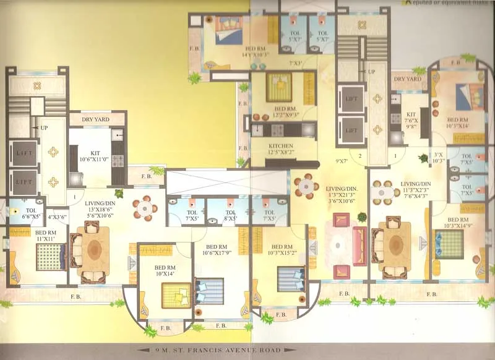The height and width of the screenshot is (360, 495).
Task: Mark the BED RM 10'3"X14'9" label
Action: [x=458, y=223]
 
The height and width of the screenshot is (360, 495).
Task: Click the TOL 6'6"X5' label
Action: [x=22, y=213]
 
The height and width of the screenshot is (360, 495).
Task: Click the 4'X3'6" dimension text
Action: [x=58, y=216]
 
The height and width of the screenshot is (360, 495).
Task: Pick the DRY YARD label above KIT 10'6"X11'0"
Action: [x=91, y=120]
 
